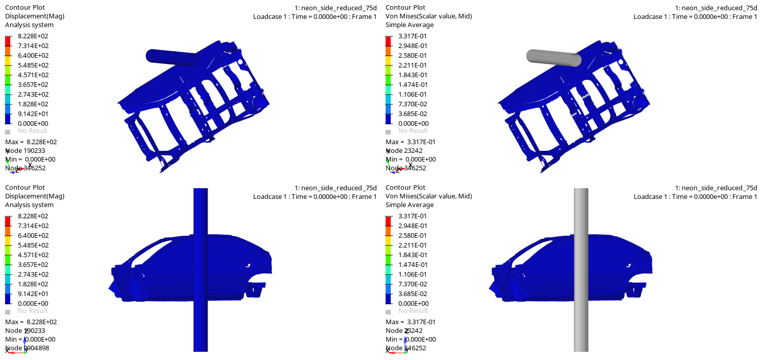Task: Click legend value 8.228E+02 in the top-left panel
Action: (33, 36)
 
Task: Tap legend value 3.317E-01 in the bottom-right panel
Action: (413, 216)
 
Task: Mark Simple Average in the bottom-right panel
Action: (409, 205)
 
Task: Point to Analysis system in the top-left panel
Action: (29, 25)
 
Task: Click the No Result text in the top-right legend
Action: (413, 131)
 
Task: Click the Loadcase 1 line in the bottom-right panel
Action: (695, 197)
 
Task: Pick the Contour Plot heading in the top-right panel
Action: (405, 8)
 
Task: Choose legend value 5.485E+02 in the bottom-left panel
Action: (33, 245)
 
